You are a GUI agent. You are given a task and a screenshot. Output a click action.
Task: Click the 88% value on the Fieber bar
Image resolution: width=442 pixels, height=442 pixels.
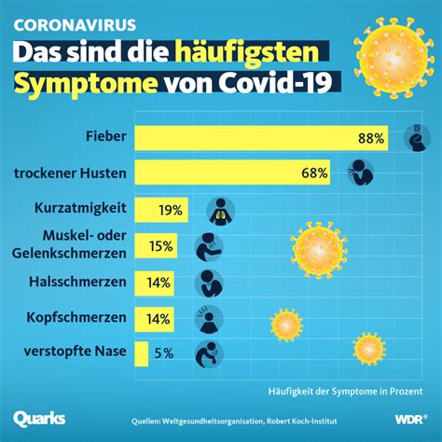(x=371, y=139)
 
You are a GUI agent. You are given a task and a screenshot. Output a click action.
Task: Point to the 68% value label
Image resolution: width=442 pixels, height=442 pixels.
(x=314, y=173)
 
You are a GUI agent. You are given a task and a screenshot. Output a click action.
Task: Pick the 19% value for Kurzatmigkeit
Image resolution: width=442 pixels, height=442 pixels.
(x=170, y=210)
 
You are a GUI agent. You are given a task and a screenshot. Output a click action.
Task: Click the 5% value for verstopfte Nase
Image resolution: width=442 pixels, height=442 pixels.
(x=163, y=353)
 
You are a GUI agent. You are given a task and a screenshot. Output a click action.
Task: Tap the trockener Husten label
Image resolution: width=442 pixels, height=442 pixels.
(x=71, y=172)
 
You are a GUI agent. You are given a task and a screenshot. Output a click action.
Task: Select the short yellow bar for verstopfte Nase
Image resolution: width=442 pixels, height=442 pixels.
(x=142, y=353)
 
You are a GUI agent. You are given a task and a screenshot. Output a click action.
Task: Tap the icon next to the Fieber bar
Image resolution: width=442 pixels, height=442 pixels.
(x=414, y=138)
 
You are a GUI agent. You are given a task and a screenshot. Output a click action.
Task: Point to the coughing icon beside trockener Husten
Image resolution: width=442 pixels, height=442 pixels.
(x=356, y=173)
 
